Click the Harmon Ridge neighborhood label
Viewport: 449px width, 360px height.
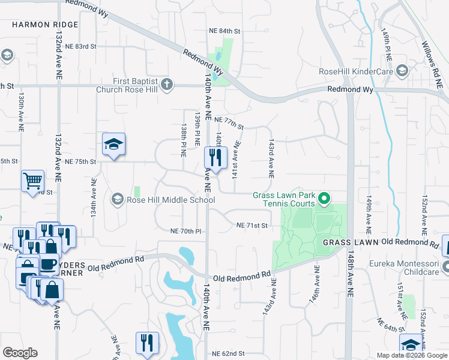click(45, 25)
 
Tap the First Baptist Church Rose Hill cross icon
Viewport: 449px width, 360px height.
click(167, 85)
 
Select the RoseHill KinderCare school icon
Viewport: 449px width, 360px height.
click(402, 71)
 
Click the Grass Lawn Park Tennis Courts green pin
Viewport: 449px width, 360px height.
click(324, 198)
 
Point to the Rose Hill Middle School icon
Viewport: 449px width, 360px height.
click(117, 199)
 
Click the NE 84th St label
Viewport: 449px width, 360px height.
click(224, 31)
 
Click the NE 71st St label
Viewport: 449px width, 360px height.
click(251, 225)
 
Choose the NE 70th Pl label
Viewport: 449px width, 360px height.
click(185, 231)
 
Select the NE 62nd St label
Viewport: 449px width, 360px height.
click(229, 354)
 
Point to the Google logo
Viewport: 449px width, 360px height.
click(20, 353)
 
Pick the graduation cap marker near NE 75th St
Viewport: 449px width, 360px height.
click(113, 144)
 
